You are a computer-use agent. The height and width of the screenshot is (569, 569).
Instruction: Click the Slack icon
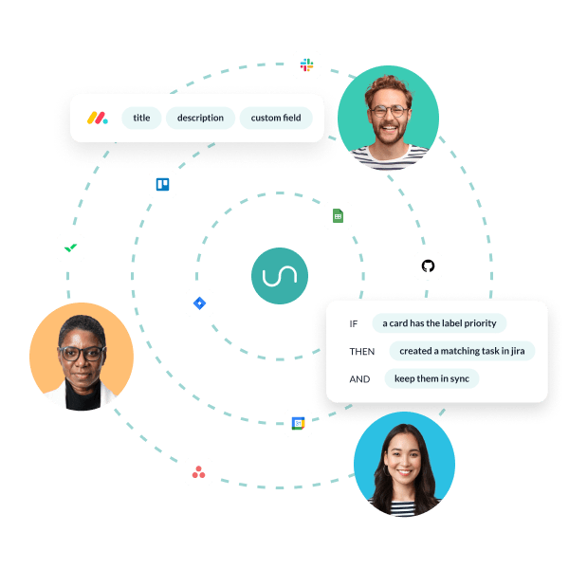306,65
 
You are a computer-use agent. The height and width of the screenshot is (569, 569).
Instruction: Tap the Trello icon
162,184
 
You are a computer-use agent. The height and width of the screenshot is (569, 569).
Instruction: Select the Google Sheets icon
337,216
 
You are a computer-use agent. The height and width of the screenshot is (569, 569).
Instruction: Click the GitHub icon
428,266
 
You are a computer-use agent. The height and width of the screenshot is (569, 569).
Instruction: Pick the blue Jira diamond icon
199,303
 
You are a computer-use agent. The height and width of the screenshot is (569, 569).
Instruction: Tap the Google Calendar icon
298,423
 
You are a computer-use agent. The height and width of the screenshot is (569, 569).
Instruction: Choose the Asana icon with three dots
198,471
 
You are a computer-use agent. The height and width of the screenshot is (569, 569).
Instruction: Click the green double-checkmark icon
70,248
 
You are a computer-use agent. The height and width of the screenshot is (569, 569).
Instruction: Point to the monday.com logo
98,119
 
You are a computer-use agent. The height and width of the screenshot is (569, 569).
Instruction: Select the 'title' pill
141,119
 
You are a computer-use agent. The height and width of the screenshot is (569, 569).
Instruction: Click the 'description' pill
200,119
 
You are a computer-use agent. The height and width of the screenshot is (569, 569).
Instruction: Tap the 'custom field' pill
276,119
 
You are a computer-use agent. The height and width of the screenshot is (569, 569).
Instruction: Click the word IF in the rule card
354,323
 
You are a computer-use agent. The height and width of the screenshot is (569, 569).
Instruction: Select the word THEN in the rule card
362,351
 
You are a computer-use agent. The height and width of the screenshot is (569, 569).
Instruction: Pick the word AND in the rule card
359,378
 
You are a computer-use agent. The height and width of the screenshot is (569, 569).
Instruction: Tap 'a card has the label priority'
439,323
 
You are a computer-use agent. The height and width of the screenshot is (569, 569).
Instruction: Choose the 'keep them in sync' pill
431,378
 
